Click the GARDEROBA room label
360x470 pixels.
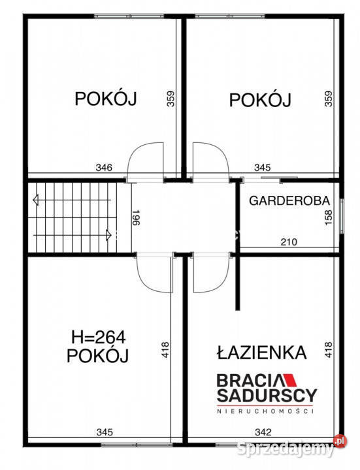click(287, 200)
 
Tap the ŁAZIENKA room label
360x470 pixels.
click(261, 352)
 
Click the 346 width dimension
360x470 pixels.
click(103, 168)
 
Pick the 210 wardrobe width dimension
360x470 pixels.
click(288, 242)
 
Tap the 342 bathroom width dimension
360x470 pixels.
click(263, 431)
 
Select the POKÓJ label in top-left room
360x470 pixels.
click(105, 99)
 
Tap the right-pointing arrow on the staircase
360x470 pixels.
click(106, 233)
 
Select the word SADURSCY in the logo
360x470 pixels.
click(267, 395)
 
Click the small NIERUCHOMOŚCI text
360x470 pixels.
click(267, 411)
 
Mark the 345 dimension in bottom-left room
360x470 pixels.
click(103, 431)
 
